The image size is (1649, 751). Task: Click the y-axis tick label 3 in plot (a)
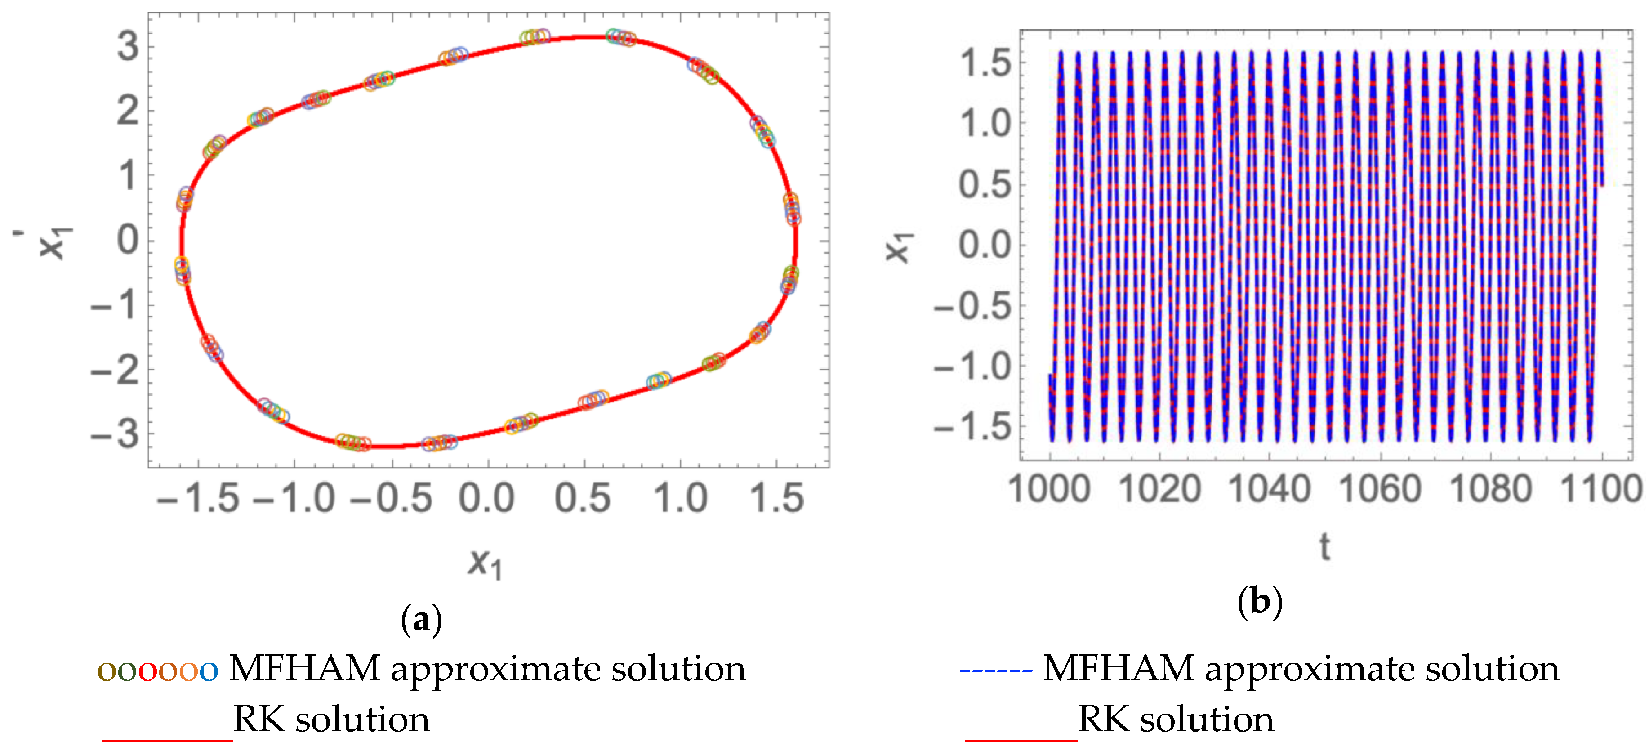(x=128, y=47)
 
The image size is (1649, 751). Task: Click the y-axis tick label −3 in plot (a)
(x=115, y=435)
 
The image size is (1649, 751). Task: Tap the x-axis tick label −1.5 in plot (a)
(x=198, y=498)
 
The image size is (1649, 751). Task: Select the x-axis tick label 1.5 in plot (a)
(x=776, y=498)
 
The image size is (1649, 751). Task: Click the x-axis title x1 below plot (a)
(x=485, y=564)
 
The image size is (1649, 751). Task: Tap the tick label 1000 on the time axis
(x=1049, y=490)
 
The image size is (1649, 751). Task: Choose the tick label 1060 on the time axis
(x=1380, y=490)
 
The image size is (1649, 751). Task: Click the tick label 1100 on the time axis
(x=1602, y=490)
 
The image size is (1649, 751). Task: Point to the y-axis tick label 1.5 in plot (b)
(x=986, y=63)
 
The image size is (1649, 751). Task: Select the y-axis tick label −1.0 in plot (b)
(x=973, y=367)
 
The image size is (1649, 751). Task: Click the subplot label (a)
(x=421, y=620)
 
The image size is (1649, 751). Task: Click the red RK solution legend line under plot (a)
(x=167, y=739)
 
